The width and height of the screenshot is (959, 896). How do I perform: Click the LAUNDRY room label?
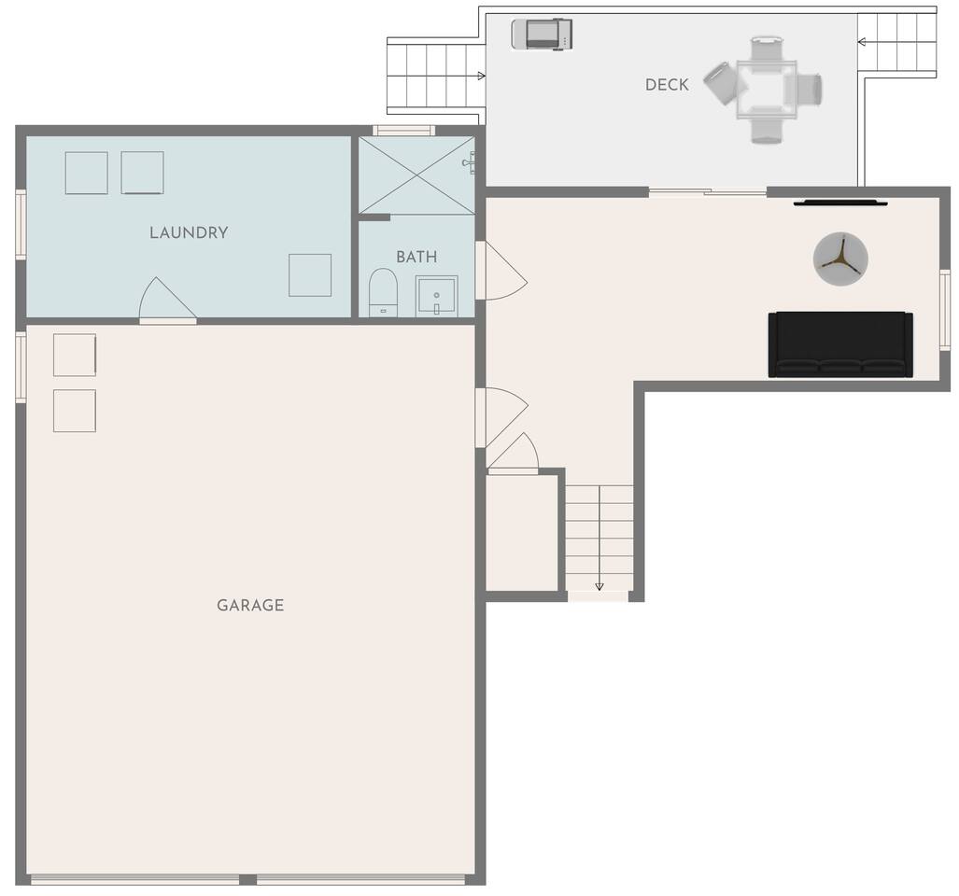(x=189, y=232)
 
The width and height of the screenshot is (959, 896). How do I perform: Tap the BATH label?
(x=416, y=257)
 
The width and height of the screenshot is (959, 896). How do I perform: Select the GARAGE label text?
(x=250, y=605)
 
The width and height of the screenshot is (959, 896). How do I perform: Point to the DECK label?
(x=667, y=84)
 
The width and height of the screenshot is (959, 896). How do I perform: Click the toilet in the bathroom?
(x=384, y=292)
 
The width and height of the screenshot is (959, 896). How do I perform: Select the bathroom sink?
(x=436, y=297)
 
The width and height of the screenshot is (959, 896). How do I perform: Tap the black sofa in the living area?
(x=840, y=344)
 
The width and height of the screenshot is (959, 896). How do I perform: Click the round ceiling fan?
(x=840, y=259)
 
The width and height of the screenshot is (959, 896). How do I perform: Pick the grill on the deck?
(x=542, y=34)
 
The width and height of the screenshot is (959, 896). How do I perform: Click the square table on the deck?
(x=767, y=90)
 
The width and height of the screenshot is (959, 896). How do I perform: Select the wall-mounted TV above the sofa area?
(x=840, y=203)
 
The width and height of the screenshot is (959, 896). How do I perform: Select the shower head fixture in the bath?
(x=469, y=162)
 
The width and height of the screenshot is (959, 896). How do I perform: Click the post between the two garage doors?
(x=247, y=879)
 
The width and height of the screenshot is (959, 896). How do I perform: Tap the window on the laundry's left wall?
(x=21, y=224)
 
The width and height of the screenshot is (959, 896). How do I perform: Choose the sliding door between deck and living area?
(x=708, y=192)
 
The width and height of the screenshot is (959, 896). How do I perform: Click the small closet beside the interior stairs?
(x=522, y=533)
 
